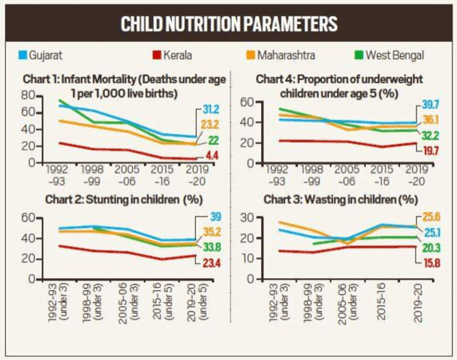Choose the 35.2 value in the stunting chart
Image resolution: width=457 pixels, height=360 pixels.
[x=215, y=231]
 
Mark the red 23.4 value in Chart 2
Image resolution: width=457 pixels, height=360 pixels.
[x=215, y=262]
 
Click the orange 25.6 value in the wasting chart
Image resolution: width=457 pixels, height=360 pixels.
[x=430, y=216]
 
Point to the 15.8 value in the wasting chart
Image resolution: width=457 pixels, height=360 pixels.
[x=430, y=262]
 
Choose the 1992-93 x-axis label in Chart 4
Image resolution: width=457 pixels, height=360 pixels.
[x=270, y=175]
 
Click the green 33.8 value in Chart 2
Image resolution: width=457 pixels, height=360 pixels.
[x=215, y=246]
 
